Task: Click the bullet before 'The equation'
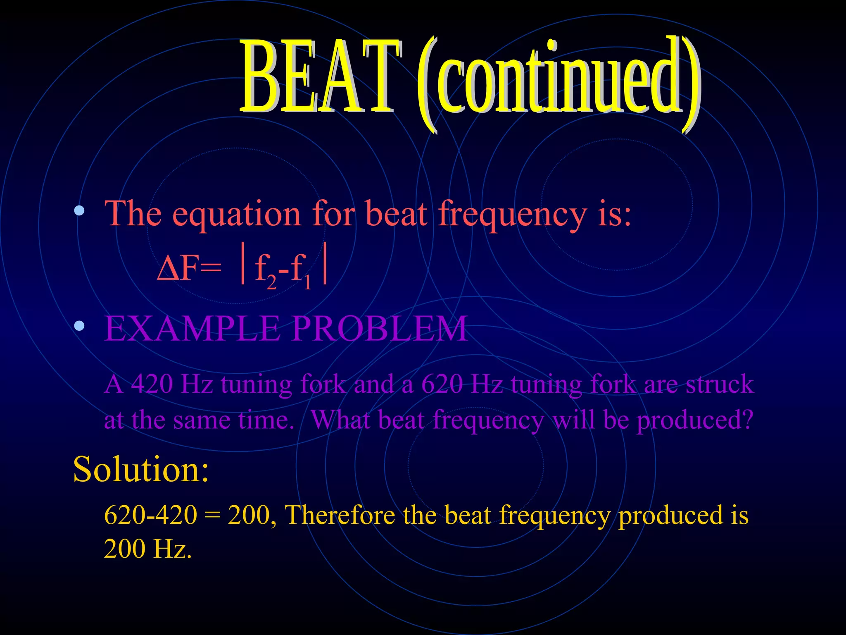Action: pyautogui.click(x=79, y=211)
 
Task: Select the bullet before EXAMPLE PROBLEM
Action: pyautogui.click(x=79, y=327)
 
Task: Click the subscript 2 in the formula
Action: pyautogui.click(x=271, y=282)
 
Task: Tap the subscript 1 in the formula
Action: pyautogui.click(x=307, y=283)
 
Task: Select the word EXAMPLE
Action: pyautogui.click(x=192, y=329)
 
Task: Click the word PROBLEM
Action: pyautogui.click(x=380, y=329)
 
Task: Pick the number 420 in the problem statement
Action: pyautogui.click(x=152, y=384)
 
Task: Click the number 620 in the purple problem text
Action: pyautogui.click(x=442, y=384)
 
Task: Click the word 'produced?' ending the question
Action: pyautogui.click(x=695, y=421)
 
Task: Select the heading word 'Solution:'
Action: pyautogui.click(x=140, y=470)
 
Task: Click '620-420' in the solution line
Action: pyautogui.click(x=150, y=516)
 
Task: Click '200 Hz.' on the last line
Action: pyautogui.click(x=147, y=550)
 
